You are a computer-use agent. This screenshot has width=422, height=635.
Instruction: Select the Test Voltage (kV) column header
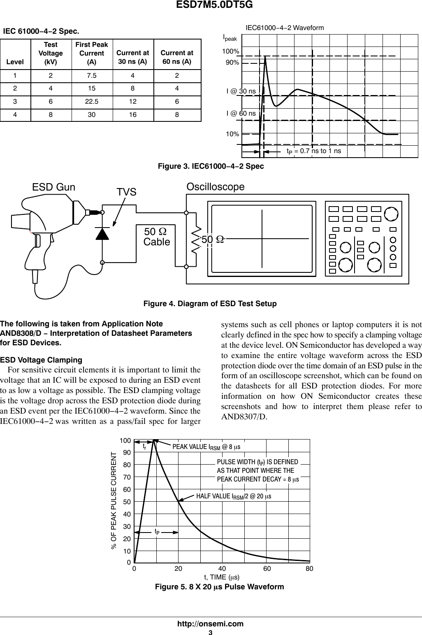pyautogui.click(x=51, y=53)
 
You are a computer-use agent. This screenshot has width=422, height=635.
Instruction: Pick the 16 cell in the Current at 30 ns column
pyautogui.click(x=132, y=115)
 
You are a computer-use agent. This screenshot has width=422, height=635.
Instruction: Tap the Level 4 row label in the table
pyautogui.click(x=15, y=115)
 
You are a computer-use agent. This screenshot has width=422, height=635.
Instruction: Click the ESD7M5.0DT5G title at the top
pyautogui.click(x=211, y=5)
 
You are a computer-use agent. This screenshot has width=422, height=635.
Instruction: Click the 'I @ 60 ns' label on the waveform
pyautogui.click(x=241, y=113)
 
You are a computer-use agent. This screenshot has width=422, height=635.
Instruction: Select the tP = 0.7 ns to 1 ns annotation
pyautogui.click(x=314, y=151)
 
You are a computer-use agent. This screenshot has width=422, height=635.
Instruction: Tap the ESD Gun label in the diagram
pyautogui.click(x=53, y=187)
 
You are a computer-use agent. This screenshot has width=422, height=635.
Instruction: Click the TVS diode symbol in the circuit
pyautogui.click(x=102, y=233)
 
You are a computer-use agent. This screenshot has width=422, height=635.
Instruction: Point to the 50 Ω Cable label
pyautogui.click(x=157, y=237)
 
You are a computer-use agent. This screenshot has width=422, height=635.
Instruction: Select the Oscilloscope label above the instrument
pyautogui.click(x=215, y=187)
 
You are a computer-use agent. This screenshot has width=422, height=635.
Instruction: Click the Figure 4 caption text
pyautogui.click(x=210, y=304)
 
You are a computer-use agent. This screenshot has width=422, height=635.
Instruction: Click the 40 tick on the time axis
pyautogui.click(x=222, y=568)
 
